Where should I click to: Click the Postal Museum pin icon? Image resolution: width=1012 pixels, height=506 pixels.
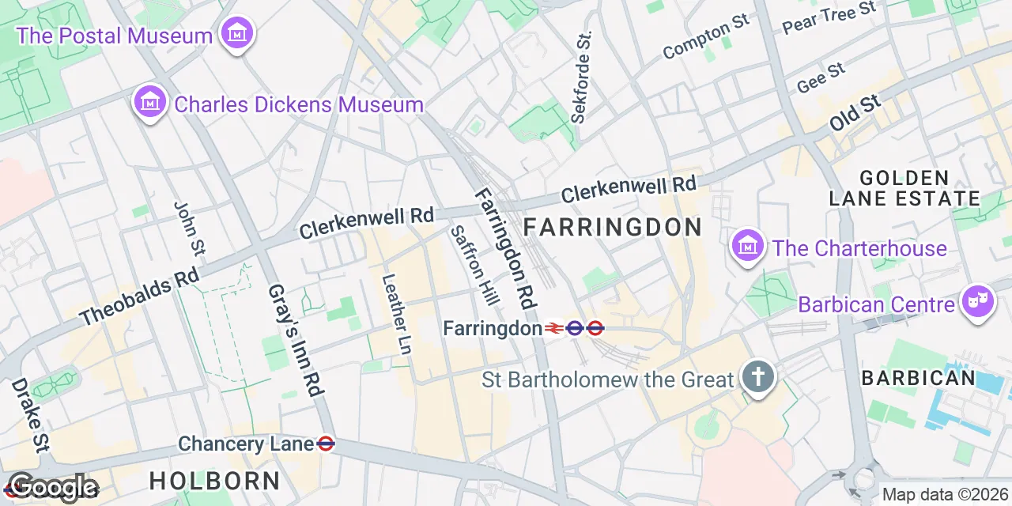(237, 35)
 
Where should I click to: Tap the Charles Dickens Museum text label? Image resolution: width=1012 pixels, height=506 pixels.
(299, 104)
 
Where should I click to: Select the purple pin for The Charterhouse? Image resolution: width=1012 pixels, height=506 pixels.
(747, 247)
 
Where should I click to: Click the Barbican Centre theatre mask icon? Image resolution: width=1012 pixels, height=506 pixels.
(977, 303)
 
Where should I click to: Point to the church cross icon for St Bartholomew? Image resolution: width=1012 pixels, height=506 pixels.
(758, 378)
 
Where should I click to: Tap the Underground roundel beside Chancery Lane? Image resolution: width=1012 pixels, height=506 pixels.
(325, 444)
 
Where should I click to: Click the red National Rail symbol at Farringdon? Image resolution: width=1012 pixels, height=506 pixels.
(553, 328)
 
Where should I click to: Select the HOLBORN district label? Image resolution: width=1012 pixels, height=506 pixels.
(214, 480)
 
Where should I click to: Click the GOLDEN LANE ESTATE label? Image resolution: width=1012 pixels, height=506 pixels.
(904, 187)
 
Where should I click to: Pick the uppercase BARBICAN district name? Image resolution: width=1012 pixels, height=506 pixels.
(919, 378)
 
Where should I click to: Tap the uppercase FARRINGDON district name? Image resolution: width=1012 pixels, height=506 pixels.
(613, 228)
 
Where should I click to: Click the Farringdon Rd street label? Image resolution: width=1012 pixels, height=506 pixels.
(506, 248)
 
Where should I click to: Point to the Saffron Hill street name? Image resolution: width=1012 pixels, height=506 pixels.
(474, 266)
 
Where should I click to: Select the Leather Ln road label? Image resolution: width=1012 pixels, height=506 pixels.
(397, 314)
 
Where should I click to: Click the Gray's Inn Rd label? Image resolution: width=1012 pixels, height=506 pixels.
(296, 340)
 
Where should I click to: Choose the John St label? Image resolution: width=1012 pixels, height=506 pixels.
(189, 228)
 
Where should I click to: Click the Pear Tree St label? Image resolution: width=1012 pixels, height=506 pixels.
(829, 17)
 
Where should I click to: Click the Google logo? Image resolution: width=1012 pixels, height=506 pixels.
(53, 488)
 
